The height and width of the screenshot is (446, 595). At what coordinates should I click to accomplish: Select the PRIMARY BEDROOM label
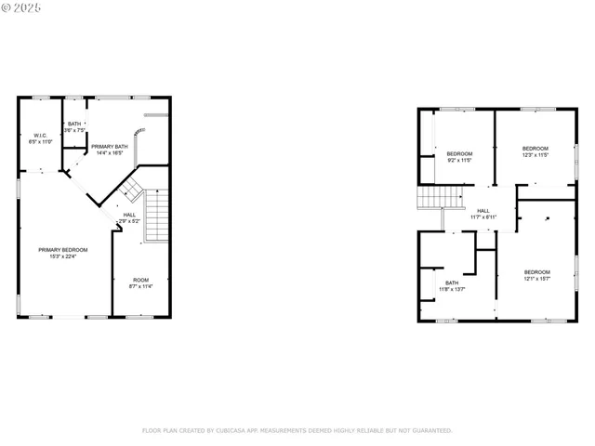pyautogui.click(x=63, y=250)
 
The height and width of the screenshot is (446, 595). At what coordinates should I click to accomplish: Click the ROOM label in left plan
pyautogui.click(x=140, y=280)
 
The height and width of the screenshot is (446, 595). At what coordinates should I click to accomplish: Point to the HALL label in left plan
pyautogui.click(x=129, y=215)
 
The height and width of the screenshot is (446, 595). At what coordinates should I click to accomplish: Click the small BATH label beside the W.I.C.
pyautogui.click(x=74, y=124)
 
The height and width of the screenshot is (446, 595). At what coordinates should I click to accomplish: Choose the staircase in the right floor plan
pyautogui.click(x=441, y=197)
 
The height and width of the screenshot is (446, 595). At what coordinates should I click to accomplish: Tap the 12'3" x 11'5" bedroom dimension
pyautogui.click(x=535, y=155)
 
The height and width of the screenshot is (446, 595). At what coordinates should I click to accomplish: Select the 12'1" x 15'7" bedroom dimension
pyautogui.click(x=537, y=279)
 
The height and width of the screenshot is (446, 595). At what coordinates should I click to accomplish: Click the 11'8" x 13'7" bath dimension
pyautogui.click(x=452, y=290)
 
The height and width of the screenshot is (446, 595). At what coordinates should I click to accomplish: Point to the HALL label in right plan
pyautogui.click(x=483, y=211)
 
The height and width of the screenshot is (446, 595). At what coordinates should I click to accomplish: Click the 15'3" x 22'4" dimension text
pyautogui.click(x=63, y=256)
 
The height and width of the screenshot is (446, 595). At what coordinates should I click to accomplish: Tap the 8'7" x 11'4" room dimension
pyautogui.click(x=140, y=286)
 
